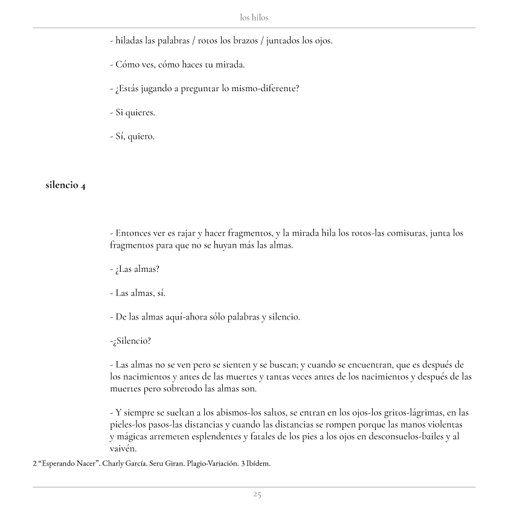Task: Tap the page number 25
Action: [257, 495]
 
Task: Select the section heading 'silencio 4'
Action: [65, 185]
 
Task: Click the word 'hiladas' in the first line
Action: [129, 41]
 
